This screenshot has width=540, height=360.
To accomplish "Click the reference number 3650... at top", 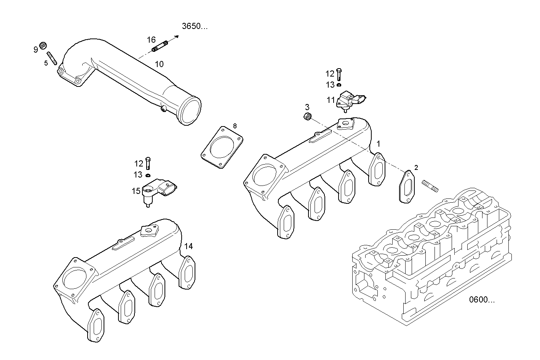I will pos(195,26).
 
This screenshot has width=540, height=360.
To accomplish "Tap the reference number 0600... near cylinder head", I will pos(482,300).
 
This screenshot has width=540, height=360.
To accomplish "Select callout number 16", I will pos(151,40).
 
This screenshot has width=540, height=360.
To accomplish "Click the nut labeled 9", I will pos(43,45).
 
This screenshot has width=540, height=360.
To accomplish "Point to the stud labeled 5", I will pos(52,58).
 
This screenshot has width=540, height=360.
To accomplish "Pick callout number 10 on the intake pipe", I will pos(159,64).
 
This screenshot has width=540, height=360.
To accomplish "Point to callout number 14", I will pos(189,246).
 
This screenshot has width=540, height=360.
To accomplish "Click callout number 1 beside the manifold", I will pos(378,144).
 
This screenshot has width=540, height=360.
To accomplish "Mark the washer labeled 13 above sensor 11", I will pos(339,85).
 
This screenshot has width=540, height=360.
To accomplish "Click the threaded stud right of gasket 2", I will pos(430,186).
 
